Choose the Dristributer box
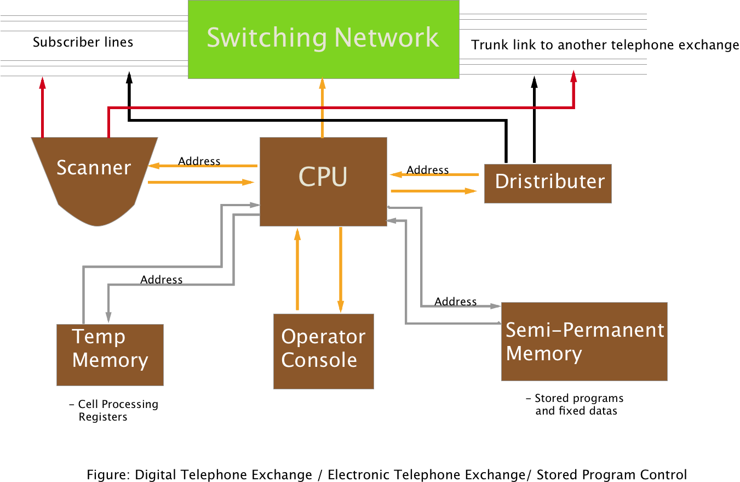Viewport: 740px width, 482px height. tap(548, 183)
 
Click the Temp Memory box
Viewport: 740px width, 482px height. tap(110, 354)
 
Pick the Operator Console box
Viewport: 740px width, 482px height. tap(323, 351)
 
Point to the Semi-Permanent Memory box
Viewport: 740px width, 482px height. tap(584, 341)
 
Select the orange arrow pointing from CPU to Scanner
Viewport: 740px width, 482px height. tap(203, 165)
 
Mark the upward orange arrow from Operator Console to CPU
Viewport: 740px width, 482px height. tap(297, 269)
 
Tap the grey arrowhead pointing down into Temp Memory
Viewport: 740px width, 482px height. tap(108, 317)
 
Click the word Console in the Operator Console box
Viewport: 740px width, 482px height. tap(319, 360)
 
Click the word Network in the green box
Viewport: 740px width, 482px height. tap(386, 37)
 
